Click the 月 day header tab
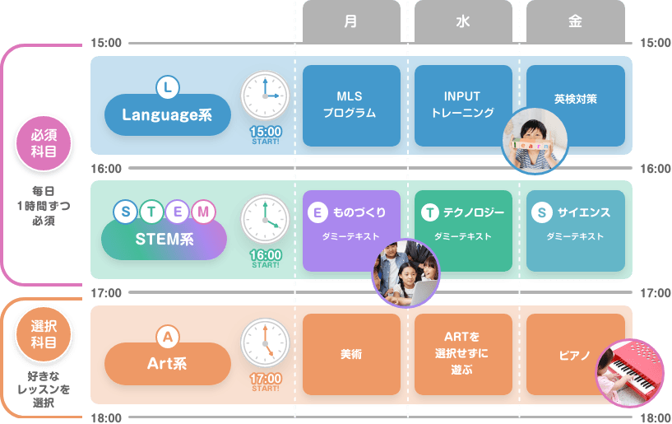(351, 21)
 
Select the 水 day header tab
(463, 21)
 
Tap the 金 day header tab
(575, 21)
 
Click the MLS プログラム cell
(351, 105)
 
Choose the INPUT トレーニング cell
(463, 105)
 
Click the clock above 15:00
(265, 96)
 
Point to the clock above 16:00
(265, 220)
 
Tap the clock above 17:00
(265, 344)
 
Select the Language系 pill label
(167, 116)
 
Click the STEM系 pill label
(164, 240)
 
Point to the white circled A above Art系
(167, 336)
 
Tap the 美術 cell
(351, 355)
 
